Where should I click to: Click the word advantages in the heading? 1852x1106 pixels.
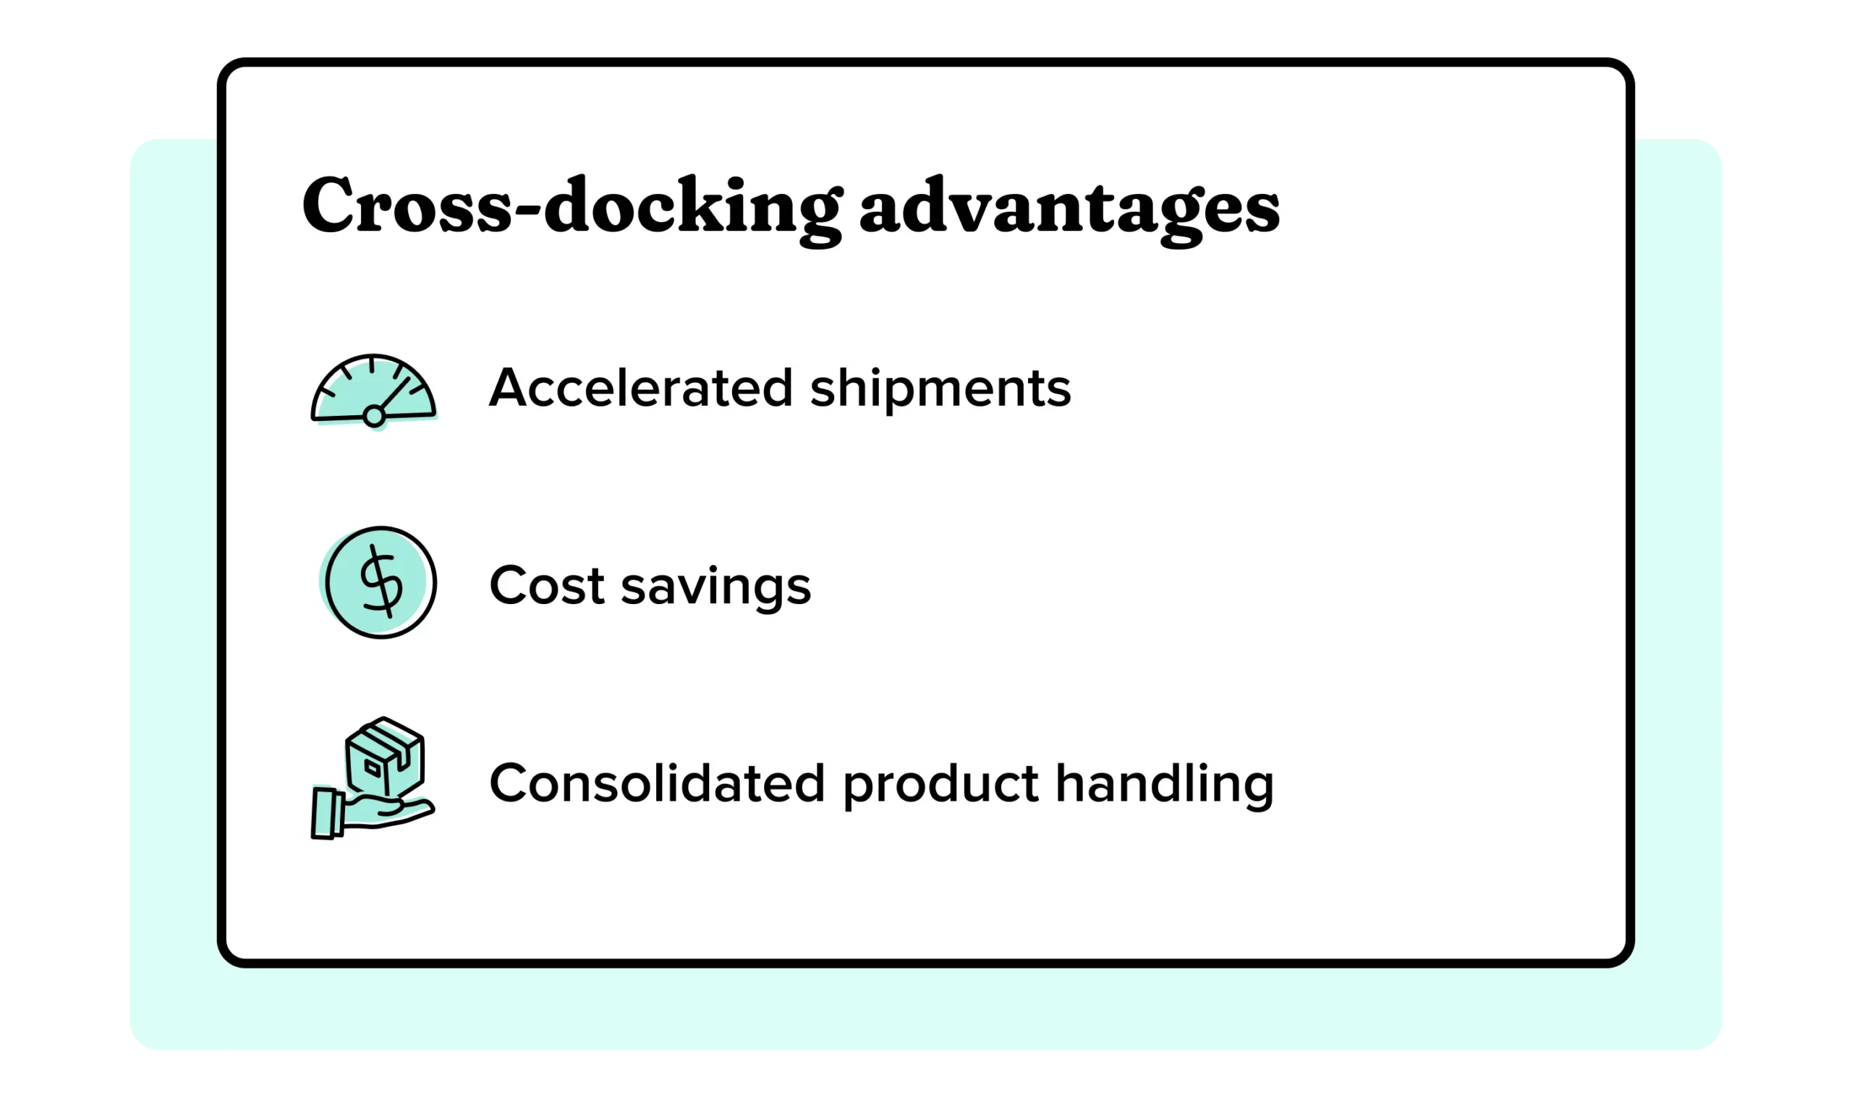point(1069,208)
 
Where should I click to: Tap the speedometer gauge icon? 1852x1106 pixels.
point(373,391)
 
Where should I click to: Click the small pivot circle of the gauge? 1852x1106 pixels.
point(373,417)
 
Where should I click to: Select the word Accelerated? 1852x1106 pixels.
point(640,388)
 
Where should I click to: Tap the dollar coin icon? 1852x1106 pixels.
point(381,582)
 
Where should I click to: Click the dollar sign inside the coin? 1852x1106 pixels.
point(381,582)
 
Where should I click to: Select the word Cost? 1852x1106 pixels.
point(545,586)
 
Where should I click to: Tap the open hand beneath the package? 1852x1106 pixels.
point(388,811)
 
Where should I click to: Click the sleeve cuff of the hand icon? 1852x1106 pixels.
point(325,812)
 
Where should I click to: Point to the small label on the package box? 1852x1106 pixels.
point(372,767)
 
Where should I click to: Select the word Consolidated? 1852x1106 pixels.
point(657,783)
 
